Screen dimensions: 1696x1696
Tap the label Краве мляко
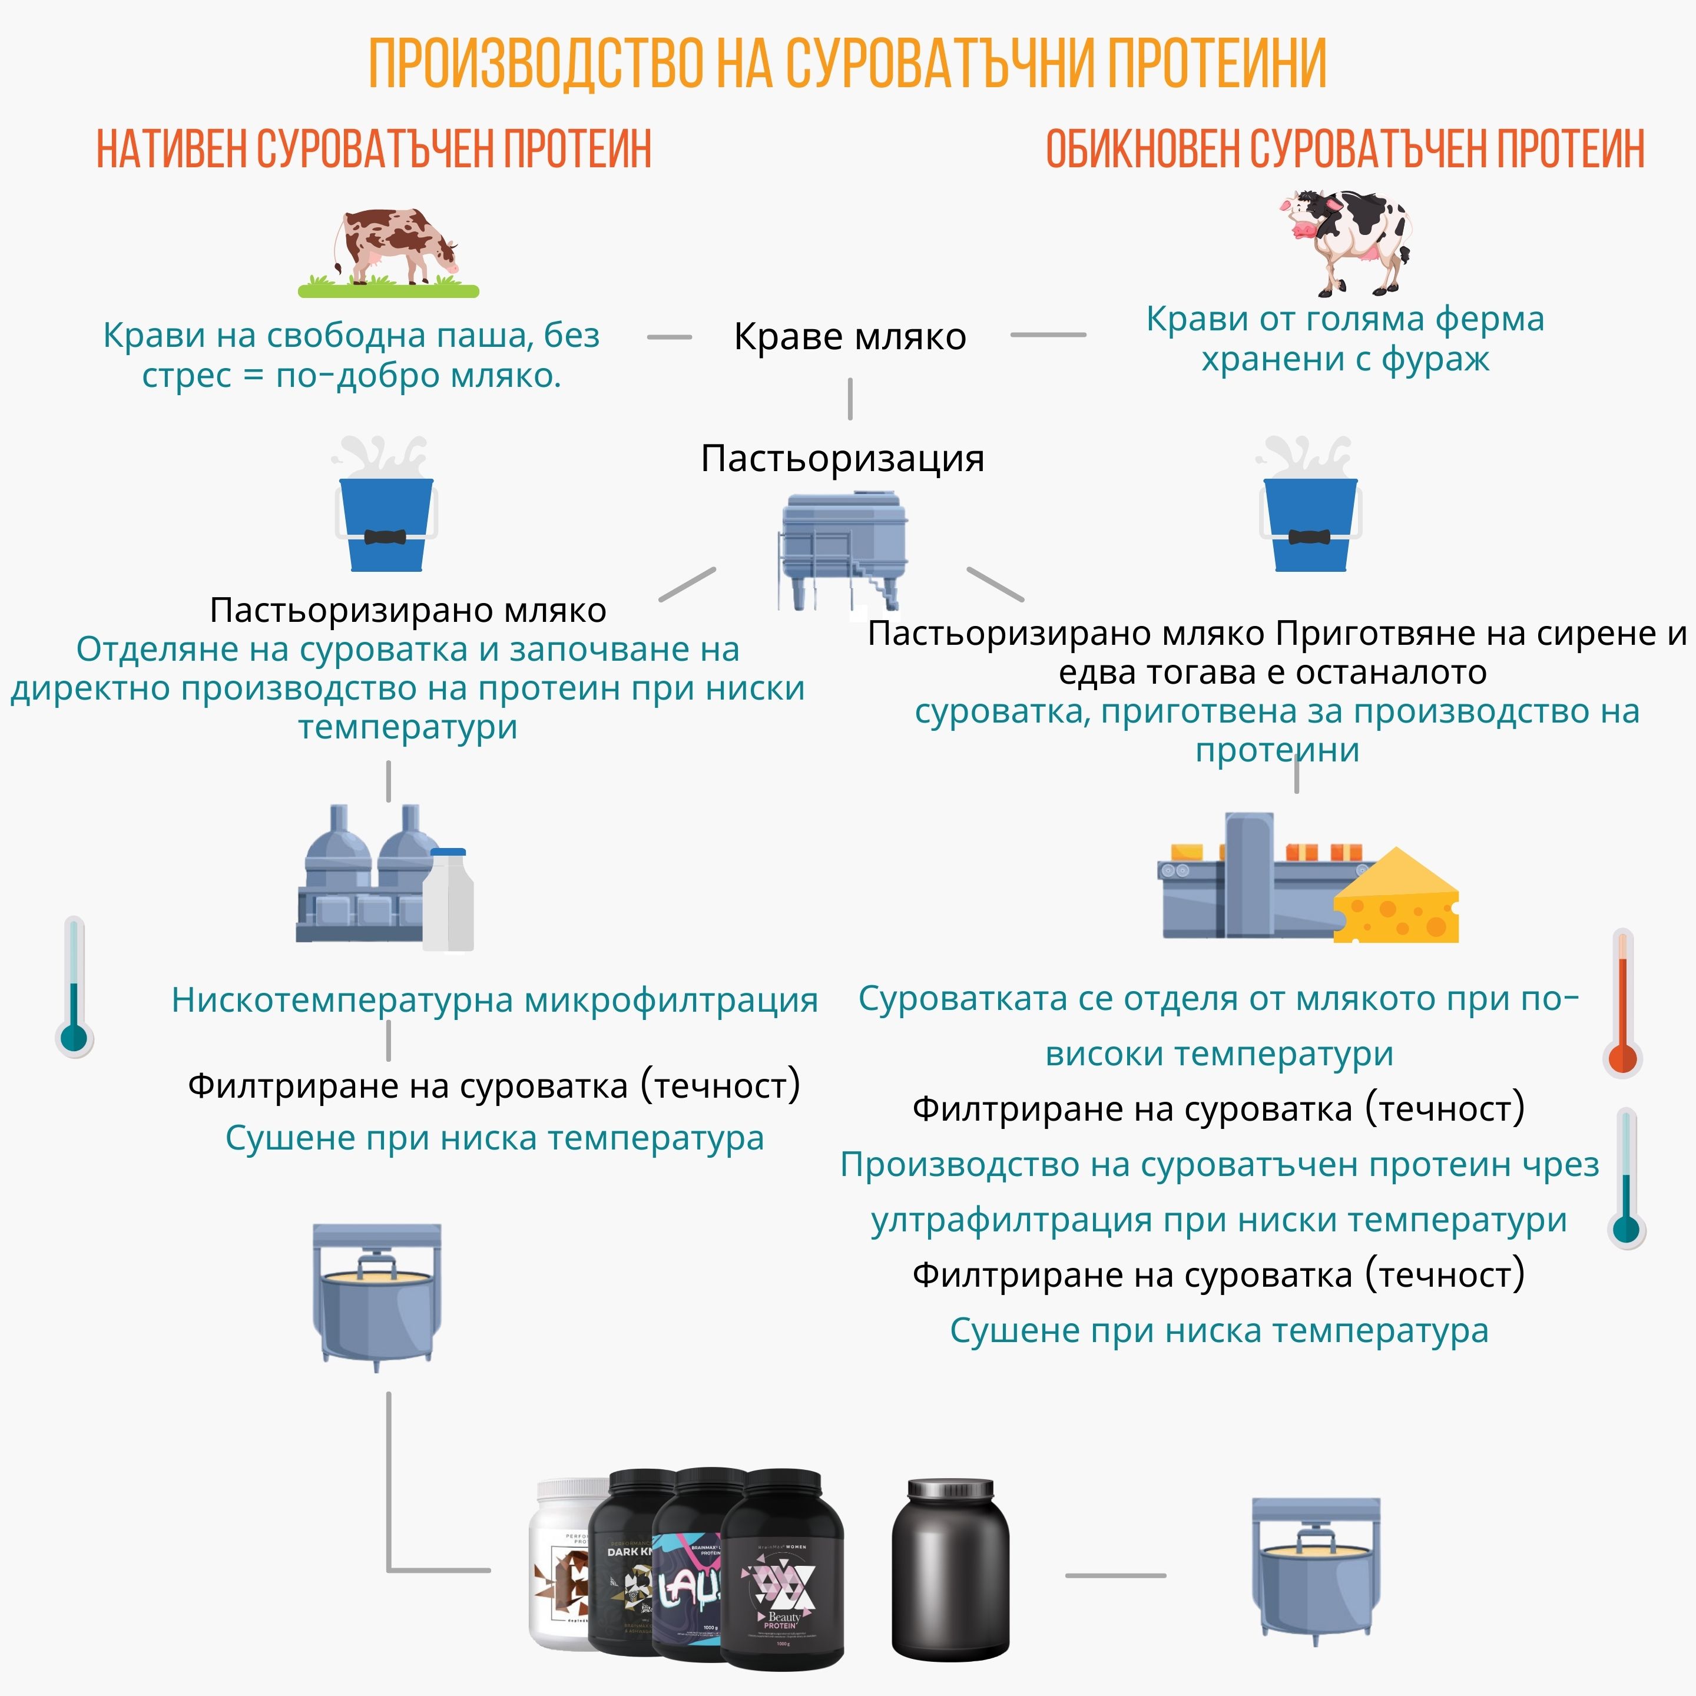click(850, 336)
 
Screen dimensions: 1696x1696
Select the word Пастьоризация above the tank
click(842, 458)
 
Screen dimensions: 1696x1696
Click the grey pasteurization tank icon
click(843, 549)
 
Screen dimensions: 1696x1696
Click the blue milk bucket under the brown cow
click(386, 522)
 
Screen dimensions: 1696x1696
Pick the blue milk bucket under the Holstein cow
click(1310, 522)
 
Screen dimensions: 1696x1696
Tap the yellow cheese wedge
click(1396, 900)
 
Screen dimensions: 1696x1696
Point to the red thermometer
click(1622, 1005)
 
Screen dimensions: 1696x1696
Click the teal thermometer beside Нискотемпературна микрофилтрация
click(75, 988)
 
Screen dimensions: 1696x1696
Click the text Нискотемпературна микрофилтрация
click(494, 1000)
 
